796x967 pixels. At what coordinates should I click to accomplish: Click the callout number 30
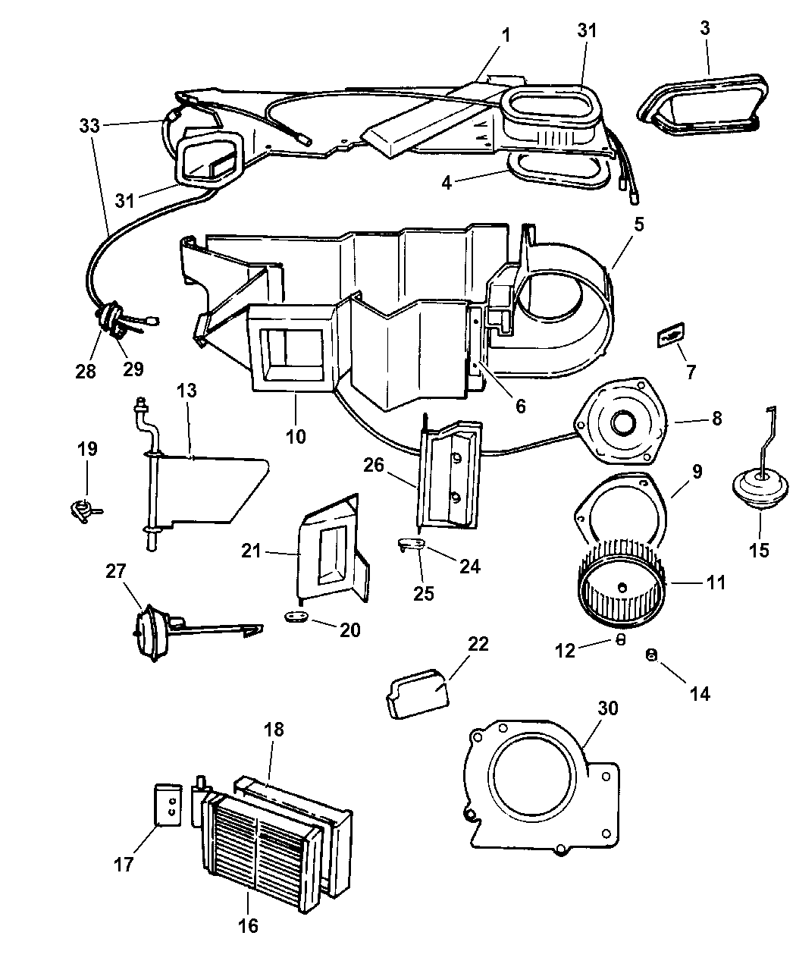pos(608,708)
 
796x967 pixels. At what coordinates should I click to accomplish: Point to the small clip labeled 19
pos(82,510)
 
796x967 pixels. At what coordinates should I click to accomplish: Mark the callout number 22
pos(478,645)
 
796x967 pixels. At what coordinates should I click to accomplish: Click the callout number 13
pos(186,391)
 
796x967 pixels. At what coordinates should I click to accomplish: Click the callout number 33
pos(89,126)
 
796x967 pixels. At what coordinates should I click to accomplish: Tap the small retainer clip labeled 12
pos(619,639)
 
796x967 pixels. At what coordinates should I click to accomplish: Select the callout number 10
pos(296,436)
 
